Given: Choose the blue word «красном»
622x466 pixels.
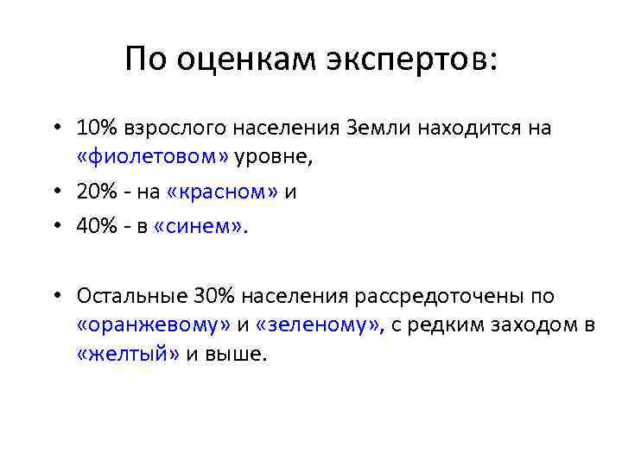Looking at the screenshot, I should [x=216, y=192].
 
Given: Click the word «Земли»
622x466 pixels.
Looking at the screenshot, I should [x=383, y=129].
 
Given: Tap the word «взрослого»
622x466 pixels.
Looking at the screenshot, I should [x=168, y=129].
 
